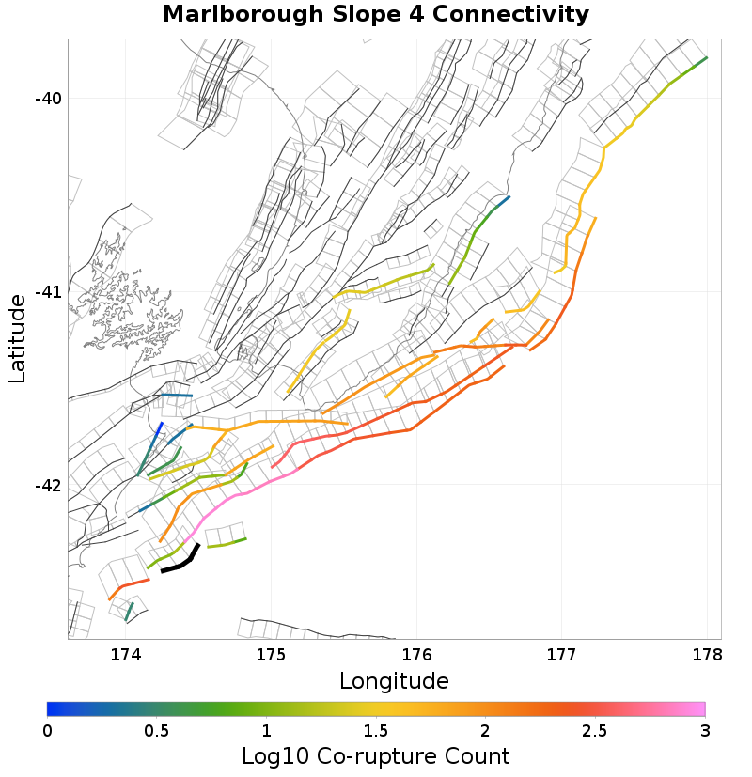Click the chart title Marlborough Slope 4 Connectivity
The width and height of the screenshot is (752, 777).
click(x=376, y=15)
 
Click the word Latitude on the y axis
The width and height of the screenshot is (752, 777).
click(x=17, y=338)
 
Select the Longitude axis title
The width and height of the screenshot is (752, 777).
click(x=394, y=680)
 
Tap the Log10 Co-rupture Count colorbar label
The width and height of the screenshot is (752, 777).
click(x=376, y=755)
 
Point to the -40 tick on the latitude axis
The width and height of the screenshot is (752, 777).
click(x=47, y=99)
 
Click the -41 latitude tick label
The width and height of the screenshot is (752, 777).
click(x=47, y=292)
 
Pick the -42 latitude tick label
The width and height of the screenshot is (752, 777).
click(x=47, y=486)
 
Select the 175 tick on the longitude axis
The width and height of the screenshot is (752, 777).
click(x=271, y=654)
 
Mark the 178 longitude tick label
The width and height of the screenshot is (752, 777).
click(x=707, y=654)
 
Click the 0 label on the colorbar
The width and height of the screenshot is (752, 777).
click(x=48, y=730)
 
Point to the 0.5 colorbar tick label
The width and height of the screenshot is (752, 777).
click(x=157, y=730)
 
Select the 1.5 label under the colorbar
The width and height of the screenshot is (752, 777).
click(x=376, y=730)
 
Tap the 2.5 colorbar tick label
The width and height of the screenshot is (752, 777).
click(x=595, y=730)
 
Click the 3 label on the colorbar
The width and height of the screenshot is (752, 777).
click(x=705, y=730)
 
